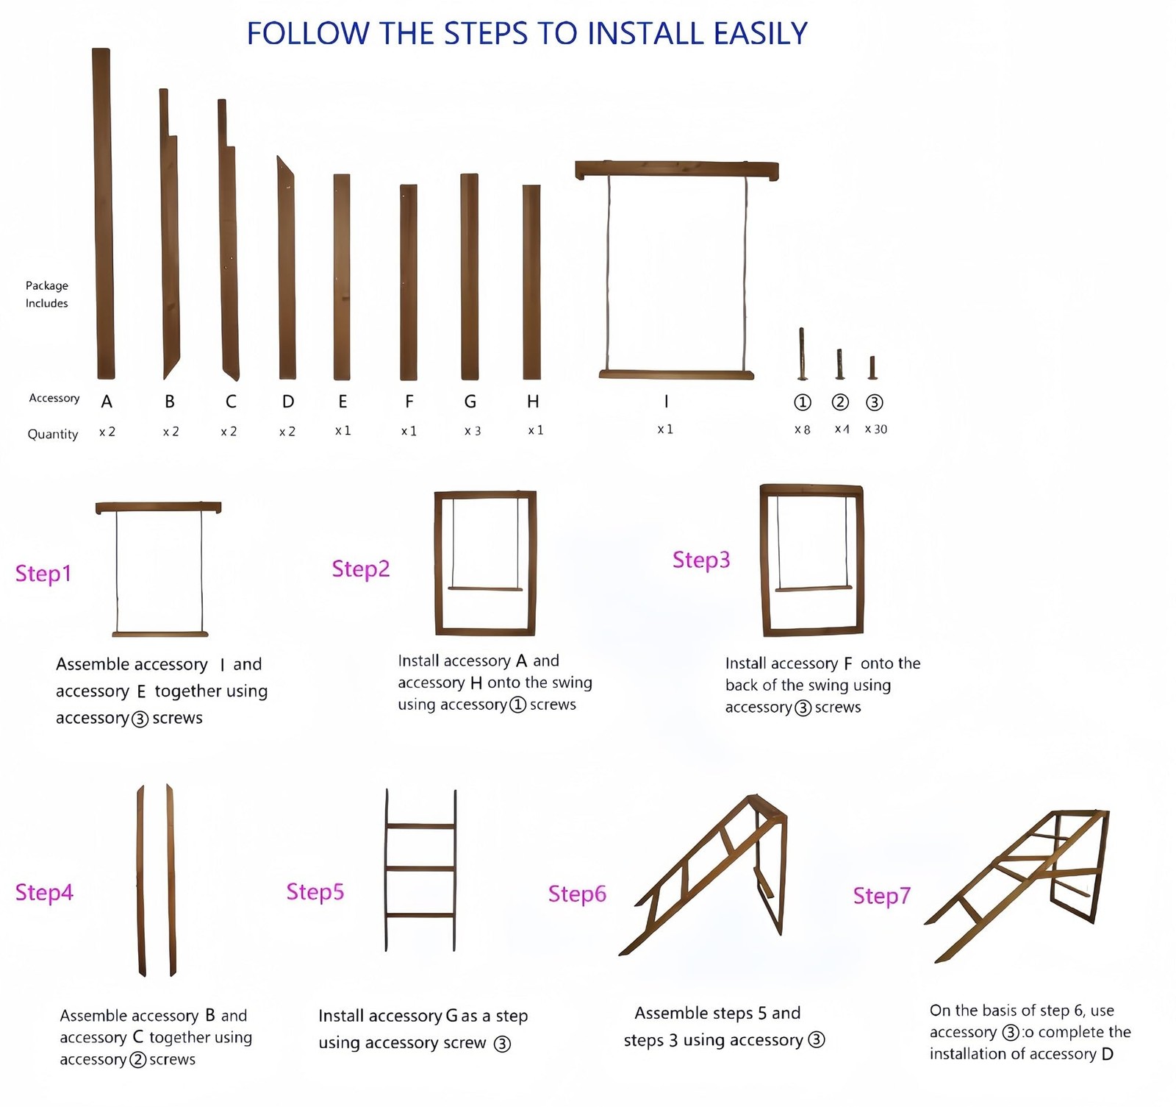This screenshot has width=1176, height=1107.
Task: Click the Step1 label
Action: coord(43,574)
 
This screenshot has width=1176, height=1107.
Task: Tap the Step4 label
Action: coord(44,892)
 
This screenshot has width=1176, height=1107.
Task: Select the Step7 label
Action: coord(881,895)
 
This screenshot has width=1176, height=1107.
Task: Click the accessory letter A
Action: coord(107,402)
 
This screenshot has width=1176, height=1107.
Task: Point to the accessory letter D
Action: coord(288,402)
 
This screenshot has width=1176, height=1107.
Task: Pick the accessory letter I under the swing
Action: coord(666,402)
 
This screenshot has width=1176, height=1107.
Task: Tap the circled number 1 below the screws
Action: coord(803,402)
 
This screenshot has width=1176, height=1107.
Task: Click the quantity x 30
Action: coord(875,430)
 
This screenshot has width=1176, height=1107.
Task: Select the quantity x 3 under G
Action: coord(473,431)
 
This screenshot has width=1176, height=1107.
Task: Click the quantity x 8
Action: coord(803,430)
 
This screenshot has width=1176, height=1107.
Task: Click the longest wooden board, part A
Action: coord(104,213)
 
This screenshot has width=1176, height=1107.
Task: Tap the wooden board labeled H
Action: coord(531,282)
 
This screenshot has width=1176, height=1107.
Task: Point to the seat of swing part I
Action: coord(676,375)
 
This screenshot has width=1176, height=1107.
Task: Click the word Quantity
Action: coord(53,434)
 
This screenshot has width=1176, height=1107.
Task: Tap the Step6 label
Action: coord(577,894)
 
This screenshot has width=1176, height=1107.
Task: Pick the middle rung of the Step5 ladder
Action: coord(420,869)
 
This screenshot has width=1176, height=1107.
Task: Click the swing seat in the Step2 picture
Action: coord(485,589)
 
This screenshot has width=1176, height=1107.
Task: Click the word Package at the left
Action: coord(47,285)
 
